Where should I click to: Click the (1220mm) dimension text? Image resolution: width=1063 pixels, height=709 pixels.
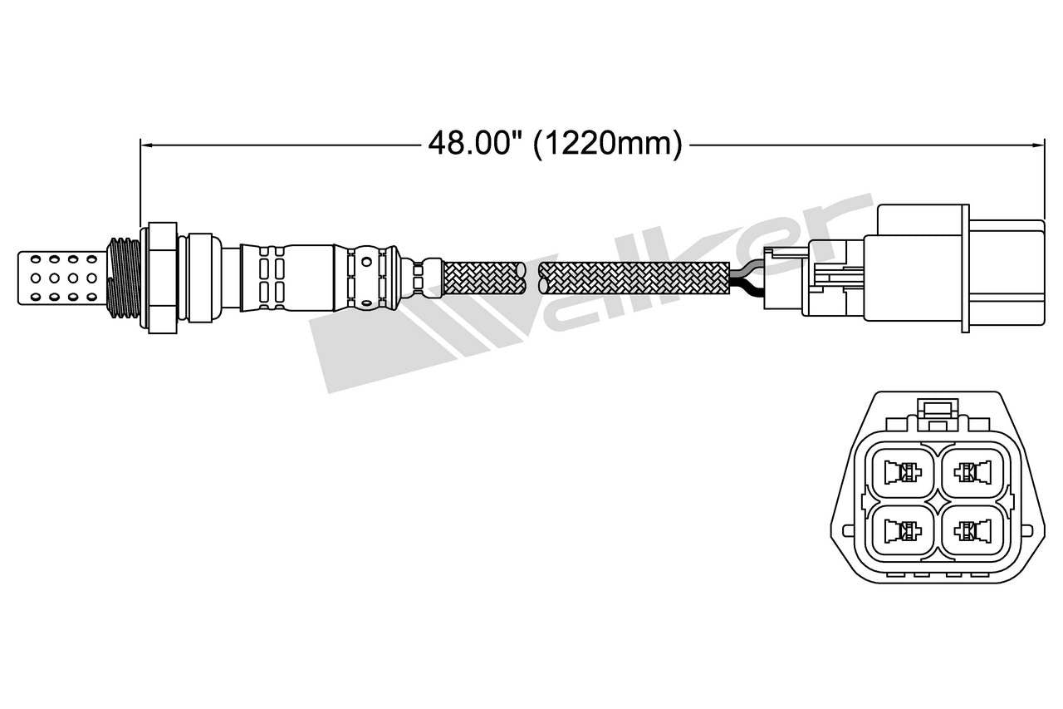click(607, 144)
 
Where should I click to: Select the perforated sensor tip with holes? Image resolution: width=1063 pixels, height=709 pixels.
click(62, 278)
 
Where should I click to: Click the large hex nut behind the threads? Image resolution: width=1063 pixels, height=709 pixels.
click(162, 278)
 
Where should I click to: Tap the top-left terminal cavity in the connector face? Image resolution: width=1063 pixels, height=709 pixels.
click(900, 473)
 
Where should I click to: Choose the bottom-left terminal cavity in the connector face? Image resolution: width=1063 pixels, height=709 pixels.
click(900, 529)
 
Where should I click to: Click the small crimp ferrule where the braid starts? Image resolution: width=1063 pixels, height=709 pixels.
click(429, 278)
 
